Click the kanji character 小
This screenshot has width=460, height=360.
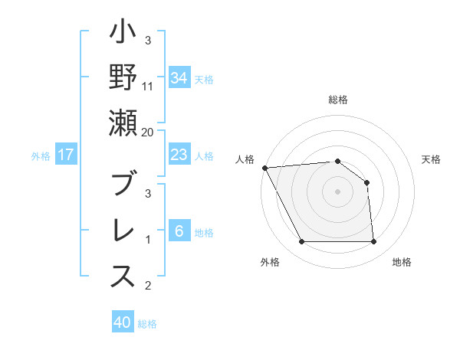pos(123,34)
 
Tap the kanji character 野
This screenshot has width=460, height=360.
pos(123,79)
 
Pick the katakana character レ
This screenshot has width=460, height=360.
pos(123,231)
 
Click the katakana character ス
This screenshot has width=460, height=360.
pos(123,277)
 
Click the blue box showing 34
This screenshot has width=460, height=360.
pos(179,78)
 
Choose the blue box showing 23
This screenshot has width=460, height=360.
pos(179,155)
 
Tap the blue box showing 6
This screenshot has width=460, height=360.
pos(179,231)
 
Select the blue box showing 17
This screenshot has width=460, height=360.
pos(66,155)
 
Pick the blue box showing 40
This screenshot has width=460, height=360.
pos(123,322)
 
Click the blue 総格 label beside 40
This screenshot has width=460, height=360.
pos(147,324)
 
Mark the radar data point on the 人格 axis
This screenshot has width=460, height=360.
pos(264,168)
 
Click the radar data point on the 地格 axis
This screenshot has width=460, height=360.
pos(373,242)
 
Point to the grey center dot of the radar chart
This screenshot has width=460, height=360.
pos(337,191)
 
